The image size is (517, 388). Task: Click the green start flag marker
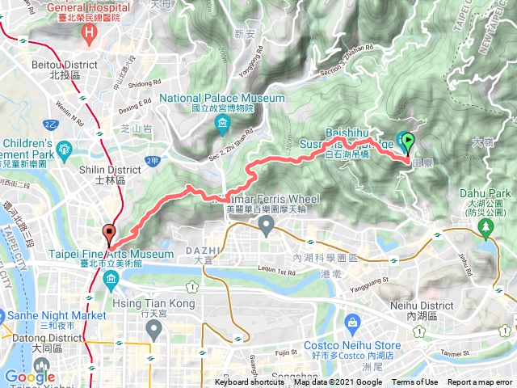[407, 143]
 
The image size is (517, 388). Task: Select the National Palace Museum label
[222, 99]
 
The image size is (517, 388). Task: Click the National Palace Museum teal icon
[223, 124]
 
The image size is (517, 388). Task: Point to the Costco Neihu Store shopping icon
[352, 323]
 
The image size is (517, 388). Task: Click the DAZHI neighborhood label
[202, 250]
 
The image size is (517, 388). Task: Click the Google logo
[30, 377]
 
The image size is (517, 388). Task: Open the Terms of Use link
[415, 382]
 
